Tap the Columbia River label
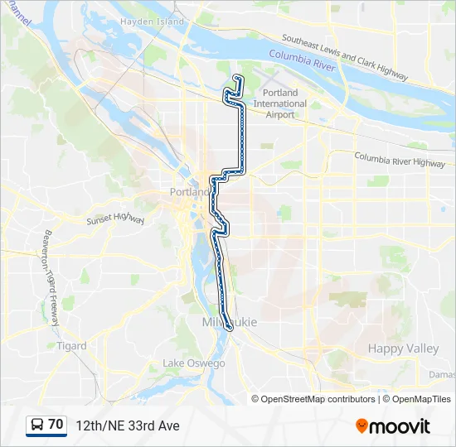pyautogui.click(x=303, y=59)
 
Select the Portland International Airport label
pyautogui.click(x=279, y=103)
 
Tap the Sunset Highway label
pyautogui.click(x=115, y=220)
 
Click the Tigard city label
pyautogui.click(x=72, y=346)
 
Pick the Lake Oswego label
pyautogui.click(x=194, y=363)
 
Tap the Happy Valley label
pyautogui.click(x=403, y=348)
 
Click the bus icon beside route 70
pyautogui.click(x=37, y=425)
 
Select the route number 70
pyautogui.click(x=56, y=425)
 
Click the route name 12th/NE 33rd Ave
pyautogui.click(x=127, y=425)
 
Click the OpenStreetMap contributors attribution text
pyautogui.click(x=318, y=399)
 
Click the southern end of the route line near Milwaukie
pyautogui.click(x=229, y=329)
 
